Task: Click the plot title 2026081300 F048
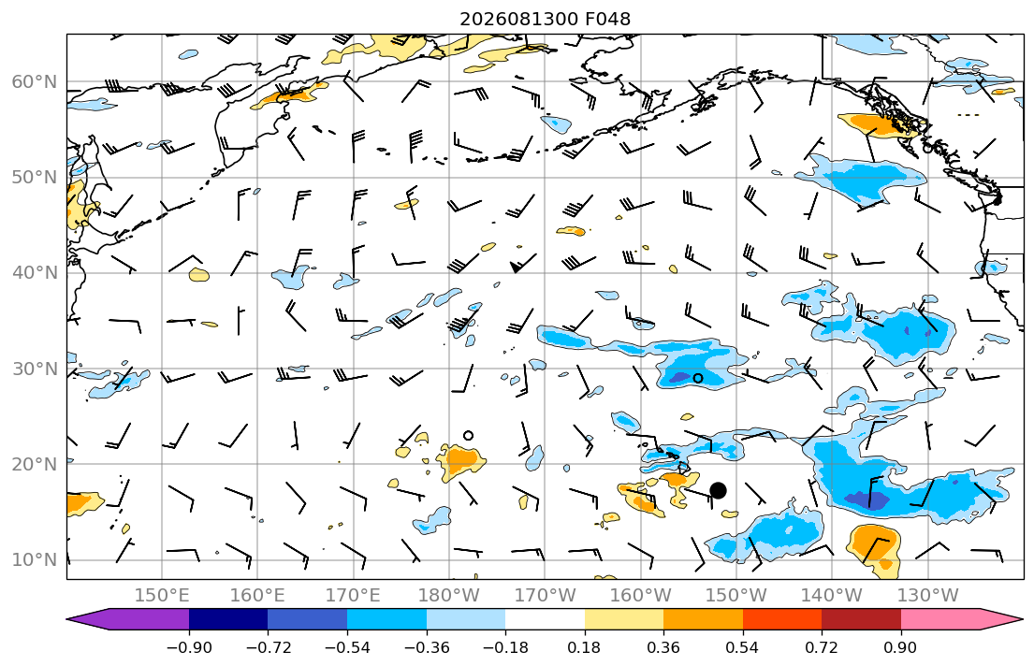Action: [545, 19]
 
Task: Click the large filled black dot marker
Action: [718, 490]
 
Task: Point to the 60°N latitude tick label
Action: [35, 81]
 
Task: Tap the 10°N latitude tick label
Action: [35, 560]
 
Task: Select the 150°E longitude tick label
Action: [162, 596]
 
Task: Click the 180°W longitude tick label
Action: [450, 596]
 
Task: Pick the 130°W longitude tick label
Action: [928, 596]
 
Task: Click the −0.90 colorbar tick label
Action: [189, 647]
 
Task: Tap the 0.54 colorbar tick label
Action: [743, 647]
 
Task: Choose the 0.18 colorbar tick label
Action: [584, 647]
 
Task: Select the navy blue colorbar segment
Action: [228, 619]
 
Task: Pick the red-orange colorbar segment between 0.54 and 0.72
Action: [782, 619]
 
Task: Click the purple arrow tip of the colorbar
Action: [68, 619]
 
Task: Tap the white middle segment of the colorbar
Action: [545, 619]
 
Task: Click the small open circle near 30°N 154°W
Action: [698, 378]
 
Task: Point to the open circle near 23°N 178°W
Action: [468, 435]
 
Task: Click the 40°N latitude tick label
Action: [35, 273]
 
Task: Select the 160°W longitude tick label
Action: [641, 596]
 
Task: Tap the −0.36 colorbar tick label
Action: [427, 647]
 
